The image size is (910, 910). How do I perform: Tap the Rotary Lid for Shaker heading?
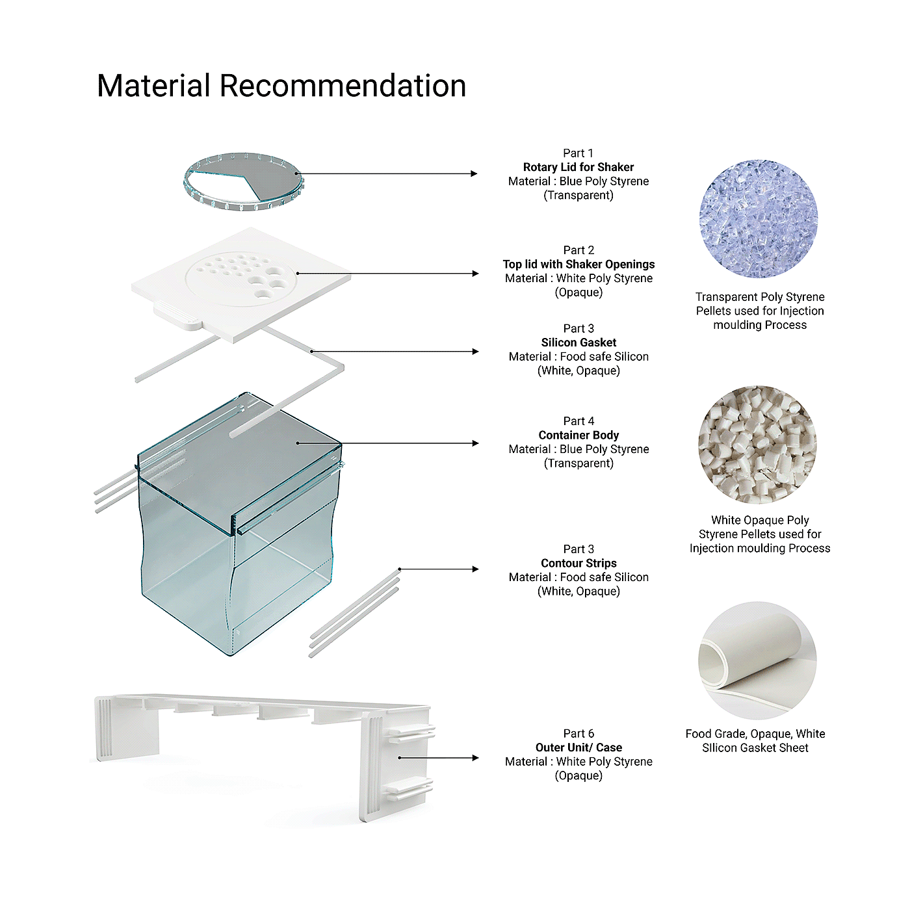point(578,167)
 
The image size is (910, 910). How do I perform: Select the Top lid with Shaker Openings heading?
point(578,264)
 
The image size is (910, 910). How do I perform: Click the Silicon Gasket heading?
point(578,343)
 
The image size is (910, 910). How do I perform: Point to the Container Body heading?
point(578,435)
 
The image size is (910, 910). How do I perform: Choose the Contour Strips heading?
point(578,563)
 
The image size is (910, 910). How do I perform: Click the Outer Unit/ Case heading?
point(578,747)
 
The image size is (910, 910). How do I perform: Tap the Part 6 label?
point(578,733)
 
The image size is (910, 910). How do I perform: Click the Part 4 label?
point(578,421)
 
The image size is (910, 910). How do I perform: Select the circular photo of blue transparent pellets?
point(759,220)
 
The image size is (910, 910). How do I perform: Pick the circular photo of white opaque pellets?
point(758,445)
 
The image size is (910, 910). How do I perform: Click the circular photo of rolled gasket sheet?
point(758,660)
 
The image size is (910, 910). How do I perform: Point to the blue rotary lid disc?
point(244,182)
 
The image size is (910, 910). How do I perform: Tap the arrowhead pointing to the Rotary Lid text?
point(474,174)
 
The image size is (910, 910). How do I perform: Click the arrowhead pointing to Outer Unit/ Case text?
point(474,758)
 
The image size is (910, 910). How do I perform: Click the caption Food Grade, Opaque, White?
point(755,733)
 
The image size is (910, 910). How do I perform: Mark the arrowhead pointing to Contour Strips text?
point(474,569)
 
